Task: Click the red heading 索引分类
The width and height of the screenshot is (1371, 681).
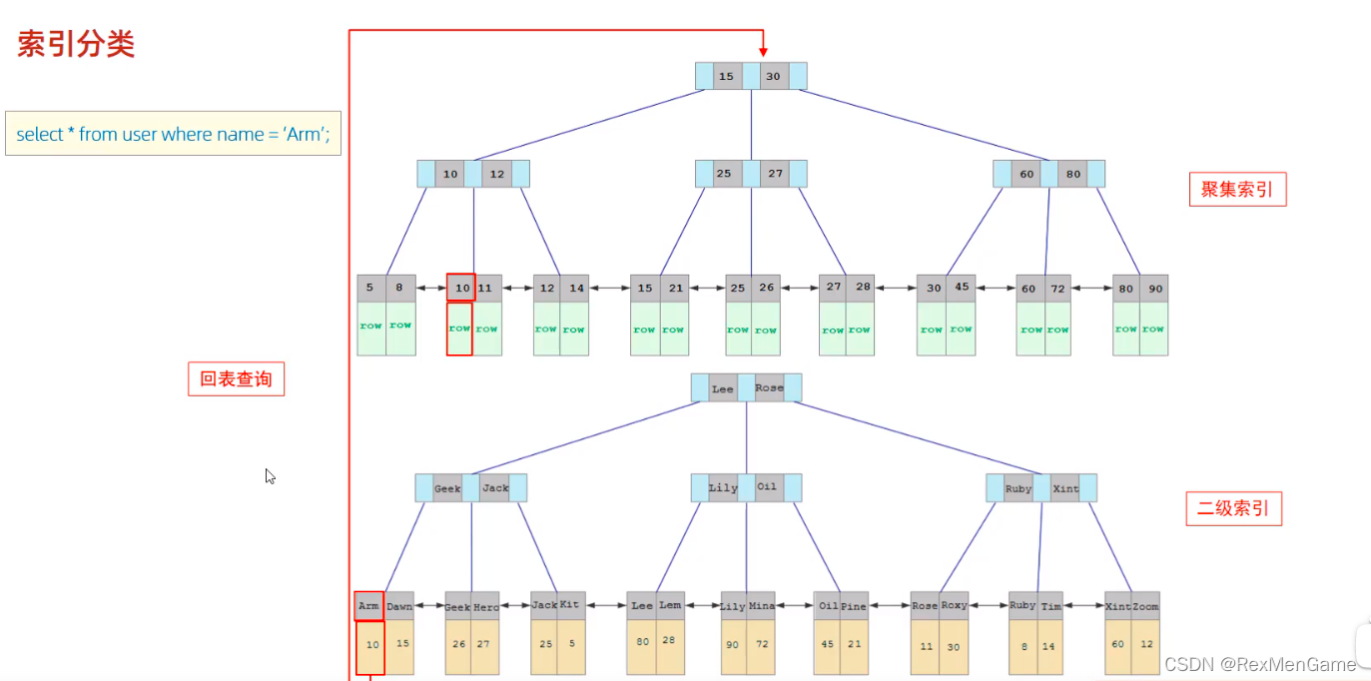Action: point(76,44)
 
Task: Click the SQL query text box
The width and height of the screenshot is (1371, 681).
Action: point(173,134)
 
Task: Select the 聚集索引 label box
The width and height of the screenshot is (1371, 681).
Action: point(1237,190)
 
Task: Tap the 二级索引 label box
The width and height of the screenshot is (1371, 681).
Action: point(1233,508)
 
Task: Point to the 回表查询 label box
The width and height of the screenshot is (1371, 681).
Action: point(236,379)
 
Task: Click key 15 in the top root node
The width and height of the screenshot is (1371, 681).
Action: point(727,77)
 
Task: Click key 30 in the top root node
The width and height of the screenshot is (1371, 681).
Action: point(773,77)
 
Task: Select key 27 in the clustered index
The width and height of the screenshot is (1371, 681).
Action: point(776,174)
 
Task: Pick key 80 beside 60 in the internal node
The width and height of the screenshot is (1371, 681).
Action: point(1073,174)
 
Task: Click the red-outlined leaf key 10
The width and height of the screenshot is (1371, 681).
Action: point(460,288)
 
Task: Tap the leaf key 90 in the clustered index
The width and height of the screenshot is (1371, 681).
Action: point(1154,289)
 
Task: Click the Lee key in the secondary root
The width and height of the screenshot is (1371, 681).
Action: point(723,388)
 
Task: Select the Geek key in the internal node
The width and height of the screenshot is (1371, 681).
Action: point(447,488)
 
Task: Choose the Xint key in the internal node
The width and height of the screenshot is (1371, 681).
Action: point(1065,488)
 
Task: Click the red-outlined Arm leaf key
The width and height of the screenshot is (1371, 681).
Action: point(369,606)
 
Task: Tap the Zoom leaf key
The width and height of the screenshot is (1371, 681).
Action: point(1145,606)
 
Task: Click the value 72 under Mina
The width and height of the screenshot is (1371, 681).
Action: point(761,645)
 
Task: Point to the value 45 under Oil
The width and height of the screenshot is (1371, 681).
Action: point(827,645)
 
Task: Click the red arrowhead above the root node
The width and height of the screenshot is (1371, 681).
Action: point(763,51)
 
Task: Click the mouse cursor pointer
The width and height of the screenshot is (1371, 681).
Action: point(270,476)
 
